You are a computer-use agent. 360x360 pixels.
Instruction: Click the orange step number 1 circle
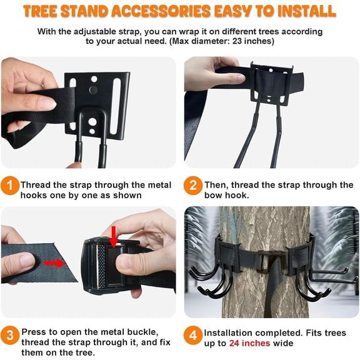coord(10,185)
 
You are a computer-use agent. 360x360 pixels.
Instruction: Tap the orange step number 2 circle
coord(193,185)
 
